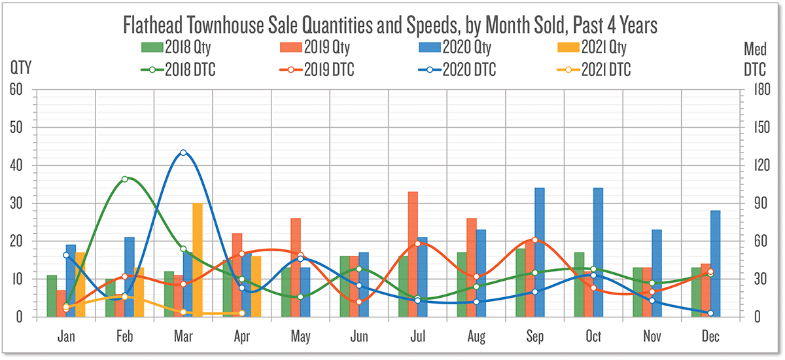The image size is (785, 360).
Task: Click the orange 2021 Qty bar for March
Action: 197,260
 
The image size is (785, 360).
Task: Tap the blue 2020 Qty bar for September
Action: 540,252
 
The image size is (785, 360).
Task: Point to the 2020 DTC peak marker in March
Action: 183,153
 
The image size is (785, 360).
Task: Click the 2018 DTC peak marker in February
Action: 125,179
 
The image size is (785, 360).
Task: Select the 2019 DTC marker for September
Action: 534,240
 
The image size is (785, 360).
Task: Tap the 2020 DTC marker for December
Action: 710,313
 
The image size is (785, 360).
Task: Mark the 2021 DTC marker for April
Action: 241,313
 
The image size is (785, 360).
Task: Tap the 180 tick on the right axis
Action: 759,90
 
